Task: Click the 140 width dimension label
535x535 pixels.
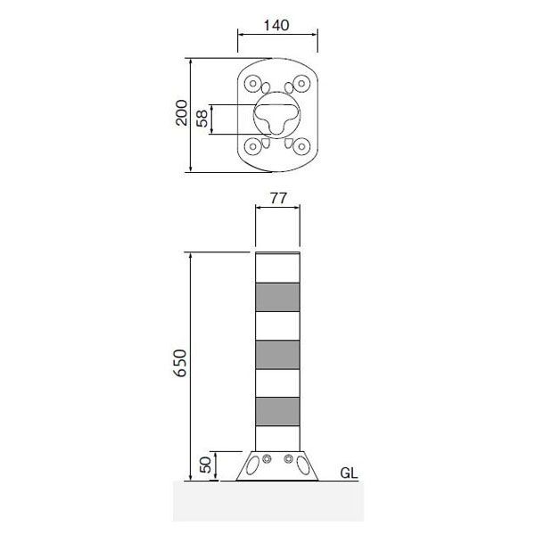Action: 276,25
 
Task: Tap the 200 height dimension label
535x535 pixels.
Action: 182,113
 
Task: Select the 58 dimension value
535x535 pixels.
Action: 202,119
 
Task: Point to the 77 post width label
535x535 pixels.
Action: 278,198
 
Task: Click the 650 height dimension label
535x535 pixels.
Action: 180,363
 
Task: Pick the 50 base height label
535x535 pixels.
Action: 205,465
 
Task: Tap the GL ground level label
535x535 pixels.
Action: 349,473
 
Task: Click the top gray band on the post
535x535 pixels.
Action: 277,297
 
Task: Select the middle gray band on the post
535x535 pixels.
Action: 277,355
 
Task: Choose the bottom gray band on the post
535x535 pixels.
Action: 277,411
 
